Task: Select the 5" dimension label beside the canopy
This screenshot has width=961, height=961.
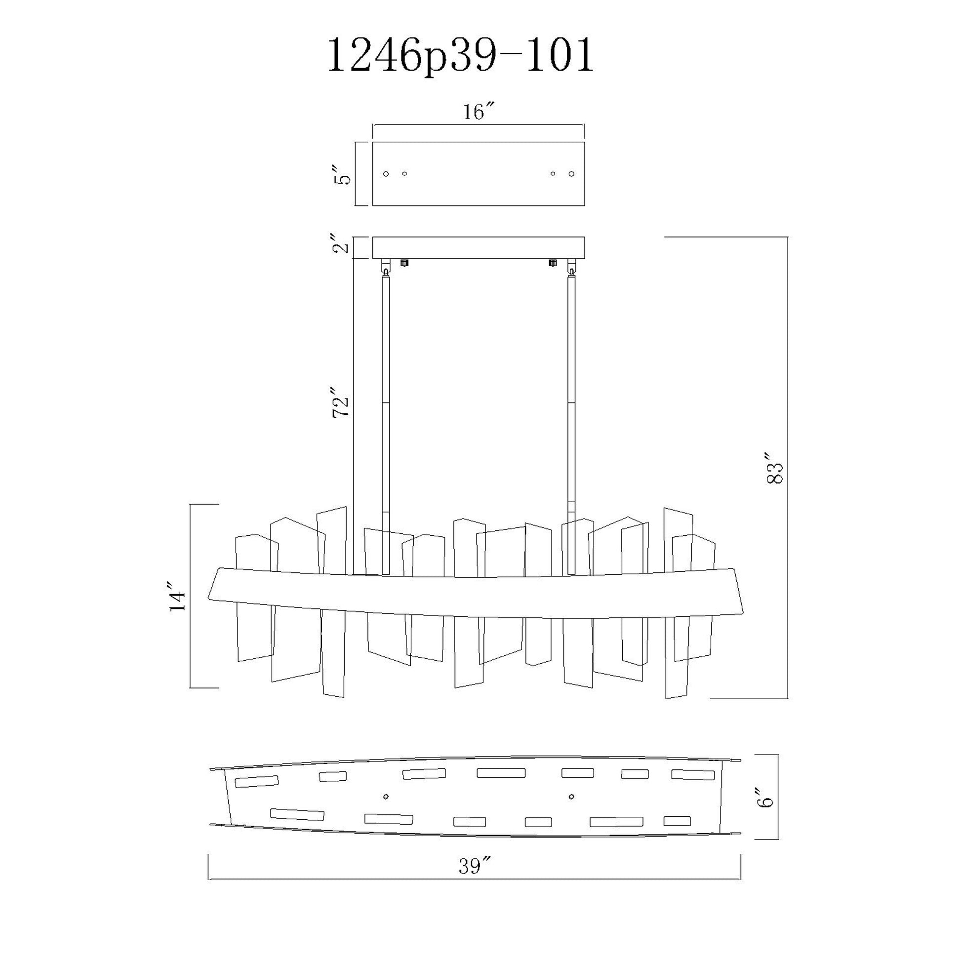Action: tap(342, 173)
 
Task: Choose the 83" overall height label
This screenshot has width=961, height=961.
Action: tap(775, 468)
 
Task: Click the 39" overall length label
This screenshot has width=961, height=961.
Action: tap(475, 867)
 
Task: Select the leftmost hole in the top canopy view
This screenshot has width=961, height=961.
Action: tap(386, 174)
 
